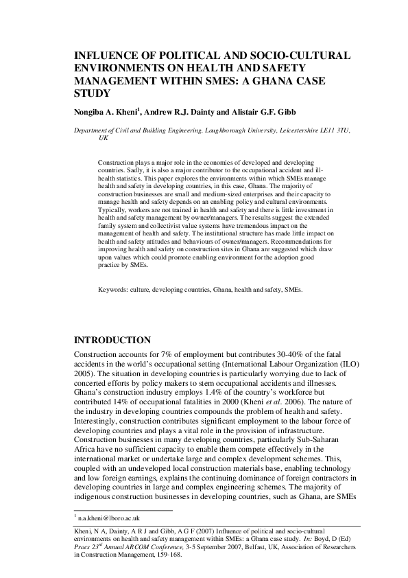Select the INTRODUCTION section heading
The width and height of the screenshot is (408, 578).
tap(112, 340)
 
